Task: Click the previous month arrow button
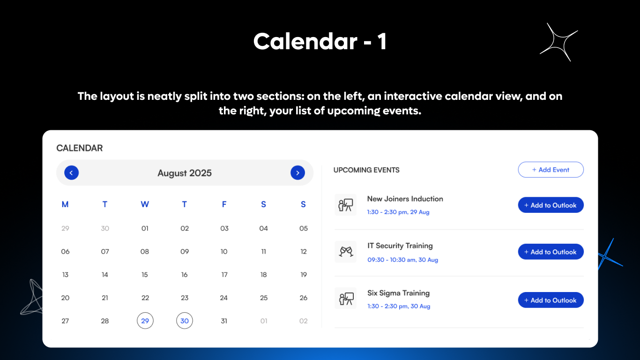click(x=71, y=173)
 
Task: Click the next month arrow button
click(x=298, y=173)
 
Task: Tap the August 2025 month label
click(x=185, y=173)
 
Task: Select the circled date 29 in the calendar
click(x=145, y=321)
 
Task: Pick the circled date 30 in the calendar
click(x=185, y=321)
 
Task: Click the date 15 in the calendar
click(x=145, y=275)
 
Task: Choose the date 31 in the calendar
click(x=224, y=321)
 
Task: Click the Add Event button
click(x=551, y=170)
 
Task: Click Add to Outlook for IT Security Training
click(x=551, y=252)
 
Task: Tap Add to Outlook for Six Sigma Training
click(x=551, y=300)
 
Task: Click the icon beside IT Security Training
click(x=346, y=252)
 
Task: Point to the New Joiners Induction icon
click(x=346, y=205)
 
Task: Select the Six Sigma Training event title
click(x=398, y=293)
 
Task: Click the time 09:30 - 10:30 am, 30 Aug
click(x=402, y=260)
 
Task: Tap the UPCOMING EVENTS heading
click(x=366, y=170)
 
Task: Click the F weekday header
click(x=224, y=204)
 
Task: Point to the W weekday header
click(x=145, y=204)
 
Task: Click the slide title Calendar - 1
click(x=320, y=42)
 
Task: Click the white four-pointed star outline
click(x=559, y=42)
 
